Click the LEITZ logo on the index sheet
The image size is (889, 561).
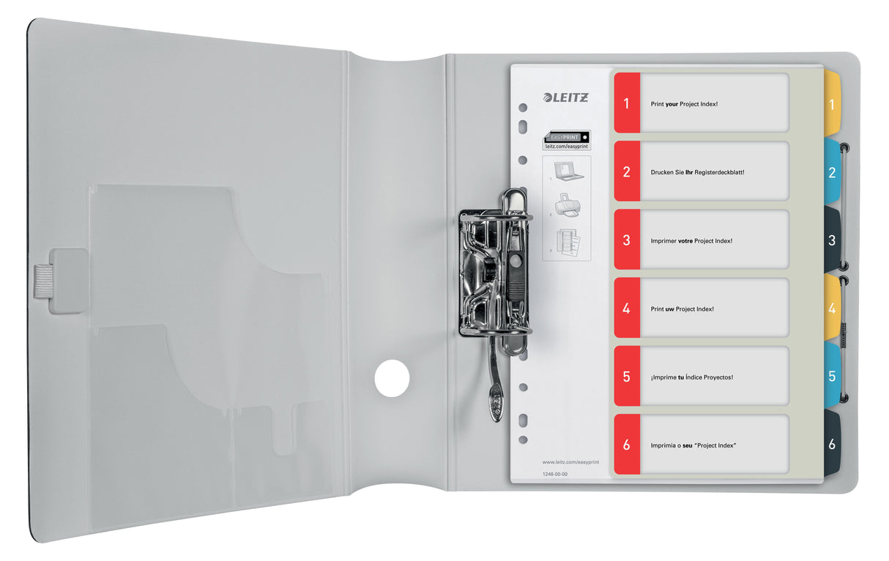pyautogui.click(x=565, y=97)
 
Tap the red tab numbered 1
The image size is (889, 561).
pyautogui.click(x=627, y=103)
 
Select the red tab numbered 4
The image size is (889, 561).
pyautogui.click(x=627, y=308)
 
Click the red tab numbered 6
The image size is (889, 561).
pyautogui.click(x=627, y=445)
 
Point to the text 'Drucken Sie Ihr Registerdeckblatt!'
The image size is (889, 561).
pyautogui.click(x=697, y=173)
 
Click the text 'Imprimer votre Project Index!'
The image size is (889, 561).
pyautogui.click(x=691, y=240)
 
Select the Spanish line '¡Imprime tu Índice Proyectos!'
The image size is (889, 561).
pyautogui.click(x=691, y=377)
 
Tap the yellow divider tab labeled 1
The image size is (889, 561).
pyautogui.click(x=832, y=104)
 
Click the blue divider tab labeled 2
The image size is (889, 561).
pyautogui.click(x=832, y=173)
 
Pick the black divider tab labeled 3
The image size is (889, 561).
pyautogui.click(x=832, y=240)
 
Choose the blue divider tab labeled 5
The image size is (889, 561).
pyautogui.click(x=832, y=376)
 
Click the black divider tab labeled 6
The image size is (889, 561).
pyautogui.click(x=832, y=444)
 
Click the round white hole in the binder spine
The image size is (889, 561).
pyautogui.click(x=392, y=379)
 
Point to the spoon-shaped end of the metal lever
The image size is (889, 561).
pyautogui.click(x=496, y=405)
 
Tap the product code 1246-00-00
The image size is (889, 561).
pyautogui.click(x=554, y=475)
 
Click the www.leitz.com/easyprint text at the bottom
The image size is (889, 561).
pyautogui.click(x=568, y=462)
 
